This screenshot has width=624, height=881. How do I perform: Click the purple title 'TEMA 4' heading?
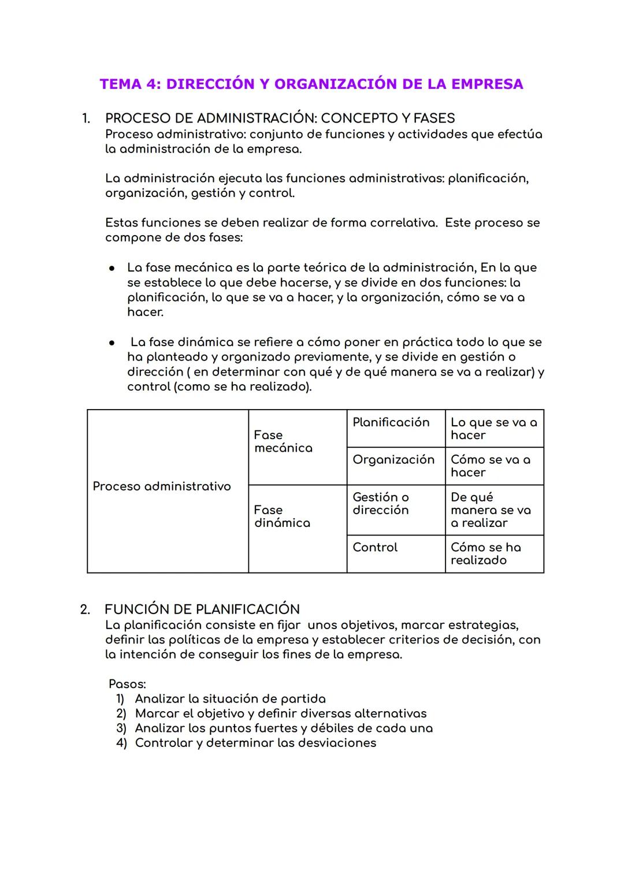tap(311, 84)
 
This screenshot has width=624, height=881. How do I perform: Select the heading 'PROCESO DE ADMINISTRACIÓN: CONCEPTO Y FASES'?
tap(280, 118)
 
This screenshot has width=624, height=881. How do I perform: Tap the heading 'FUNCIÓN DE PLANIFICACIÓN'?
tap(202, 609)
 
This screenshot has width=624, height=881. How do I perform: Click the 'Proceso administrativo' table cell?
tap(162, 486)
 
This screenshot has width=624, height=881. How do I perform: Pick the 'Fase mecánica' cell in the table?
tap(283, 442)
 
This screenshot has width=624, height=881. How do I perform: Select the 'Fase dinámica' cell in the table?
tap(282, 516)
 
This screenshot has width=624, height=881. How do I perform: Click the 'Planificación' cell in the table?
tap(391, 422)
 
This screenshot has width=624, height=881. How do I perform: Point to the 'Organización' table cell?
tap(393, 460)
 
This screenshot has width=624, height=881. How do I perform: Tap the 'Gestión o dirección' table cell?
tap(381, 504)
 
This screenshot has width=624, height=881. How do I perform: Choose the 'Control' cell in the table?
tap(375, 548)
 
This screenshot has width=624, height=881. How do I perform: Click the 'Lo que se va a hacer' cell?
tap(493, 429)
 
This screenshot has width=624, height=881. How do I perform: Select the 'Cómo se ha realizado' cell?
tap(485, 554)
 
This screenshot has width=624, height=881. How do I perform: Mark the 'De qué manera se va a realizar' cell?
tap(491, 510)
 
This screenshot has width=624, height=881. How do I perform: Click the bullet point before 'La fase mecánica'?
tap(113, 268)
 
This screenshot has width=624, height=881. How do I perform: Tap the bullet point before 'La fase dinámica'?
tap(113, 343)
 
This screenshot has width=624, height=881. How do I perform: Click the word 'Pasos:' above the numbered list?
tap(128, 685)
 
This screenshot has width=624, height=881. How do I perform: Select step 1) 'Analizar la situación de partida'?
tap(230, 699)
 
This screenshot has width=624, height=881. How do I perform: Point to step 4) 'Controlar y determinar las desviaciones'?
tap(255, 743)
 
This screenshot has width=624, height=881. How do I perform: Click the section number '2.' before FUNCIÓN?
tap(85, 609)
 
